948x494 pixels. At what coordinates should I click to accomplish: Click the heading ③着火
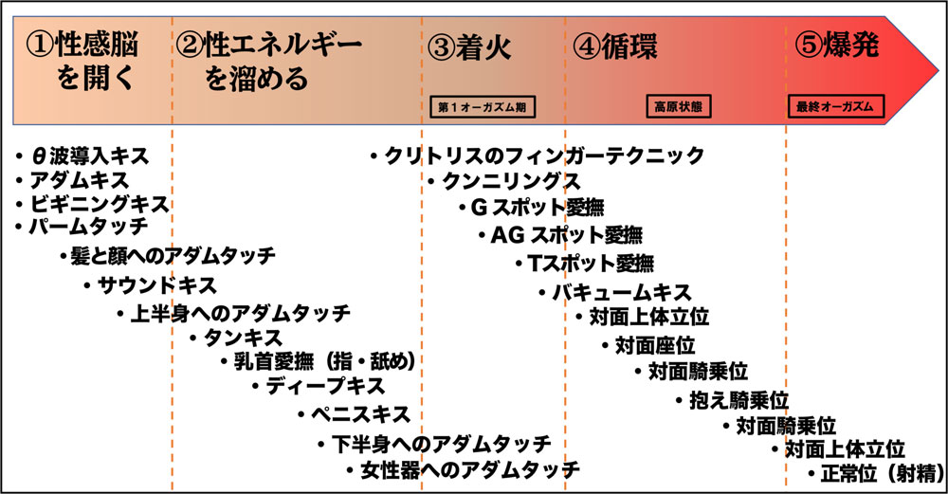(469, 47)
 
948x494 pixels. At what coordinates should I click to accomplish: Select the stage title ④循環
(614, 47)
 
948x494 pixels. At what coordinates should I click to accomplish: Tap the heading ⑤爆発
(837, 46)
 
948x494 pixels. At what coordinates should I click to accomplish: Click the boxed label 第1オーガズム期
(483, 107)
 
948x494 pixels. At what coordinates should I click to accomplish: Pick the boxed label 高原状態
(679, 106)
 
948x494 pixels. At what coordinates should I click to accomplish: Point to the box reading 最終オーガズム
(835, 106)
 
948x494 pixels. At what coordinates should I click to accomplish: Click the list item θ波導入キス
(89, 156)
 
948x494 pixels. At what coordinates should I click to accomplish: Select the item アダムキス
(80, 180)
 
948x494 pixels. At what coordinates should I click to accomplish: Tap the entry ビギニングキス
(100, 204)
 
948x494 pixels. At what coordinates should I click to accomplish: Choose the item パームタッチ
(89, 226)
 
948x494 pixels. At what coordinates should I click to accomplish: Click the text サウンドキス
(156, 284)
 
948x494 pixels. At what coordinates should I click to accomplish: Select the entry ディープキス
(325, 386)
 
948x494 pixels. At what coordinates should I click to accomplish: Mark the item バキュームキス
(622, 293)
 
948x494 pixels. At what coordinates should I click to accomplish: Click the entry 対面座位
(655, 345)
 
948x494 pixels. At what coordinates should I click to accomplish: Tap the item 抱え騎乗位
(738, 400)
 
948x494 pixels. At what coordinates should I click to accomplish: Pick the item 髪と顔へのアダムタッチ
(173, 256)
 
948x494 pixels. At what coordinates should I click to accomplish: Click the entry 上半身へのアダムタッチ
(240, 313)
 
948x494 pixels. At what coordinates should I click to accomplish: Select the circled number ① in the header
(40, 46)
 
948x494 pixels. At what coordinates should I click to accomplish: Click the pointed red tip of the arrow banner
(938, 69)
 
